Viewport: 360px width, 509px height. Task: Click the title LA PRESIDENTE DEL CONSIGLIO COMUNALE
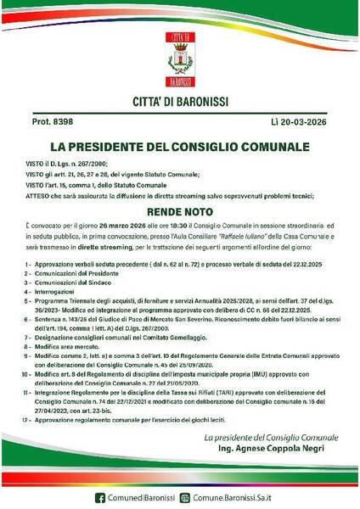pos(179,146)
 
